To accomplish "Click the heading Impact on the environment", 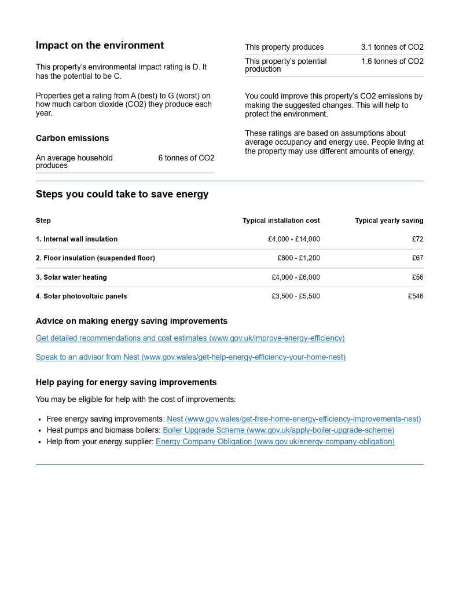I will (x=100, y=46).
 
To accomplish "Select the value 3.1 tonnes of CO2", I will (x=392, y=47).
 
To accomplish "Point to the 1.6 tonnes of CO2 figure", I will (x=392, y=61).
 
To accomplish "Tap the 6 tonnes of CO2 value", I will (x=186, y=158).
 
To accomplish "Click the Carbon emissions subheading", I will (x=72, y=138).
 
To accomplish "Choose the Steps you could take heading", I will (x=122, y=195).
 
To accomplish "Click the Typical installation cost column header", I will (x=281, y=221).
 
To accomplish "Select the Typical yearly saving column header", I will (x=389, y=221).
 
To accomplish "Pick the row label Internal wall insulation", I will (x=76, y=239).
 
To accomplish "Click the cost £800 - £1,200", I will (x=298, y=258).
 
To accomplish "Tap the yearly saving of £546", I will (x=415, y=296).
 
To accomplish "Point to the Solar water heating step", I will (x=71, y=277).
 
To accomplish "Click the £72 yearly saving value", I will (x=417, y=239).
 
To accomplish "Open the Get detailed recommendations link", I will (x=190, y=338).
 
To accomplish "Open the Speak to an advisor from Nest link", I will (x=190, y=357).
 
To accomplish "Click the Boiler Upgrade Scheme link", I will (x=278, y=430).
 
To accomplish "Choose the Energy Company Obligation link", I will (x=275, y=442).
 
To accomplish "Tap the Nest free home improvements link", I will (x=293, y=419).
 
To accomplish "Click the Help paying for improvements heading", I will (x=126, y=383).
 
